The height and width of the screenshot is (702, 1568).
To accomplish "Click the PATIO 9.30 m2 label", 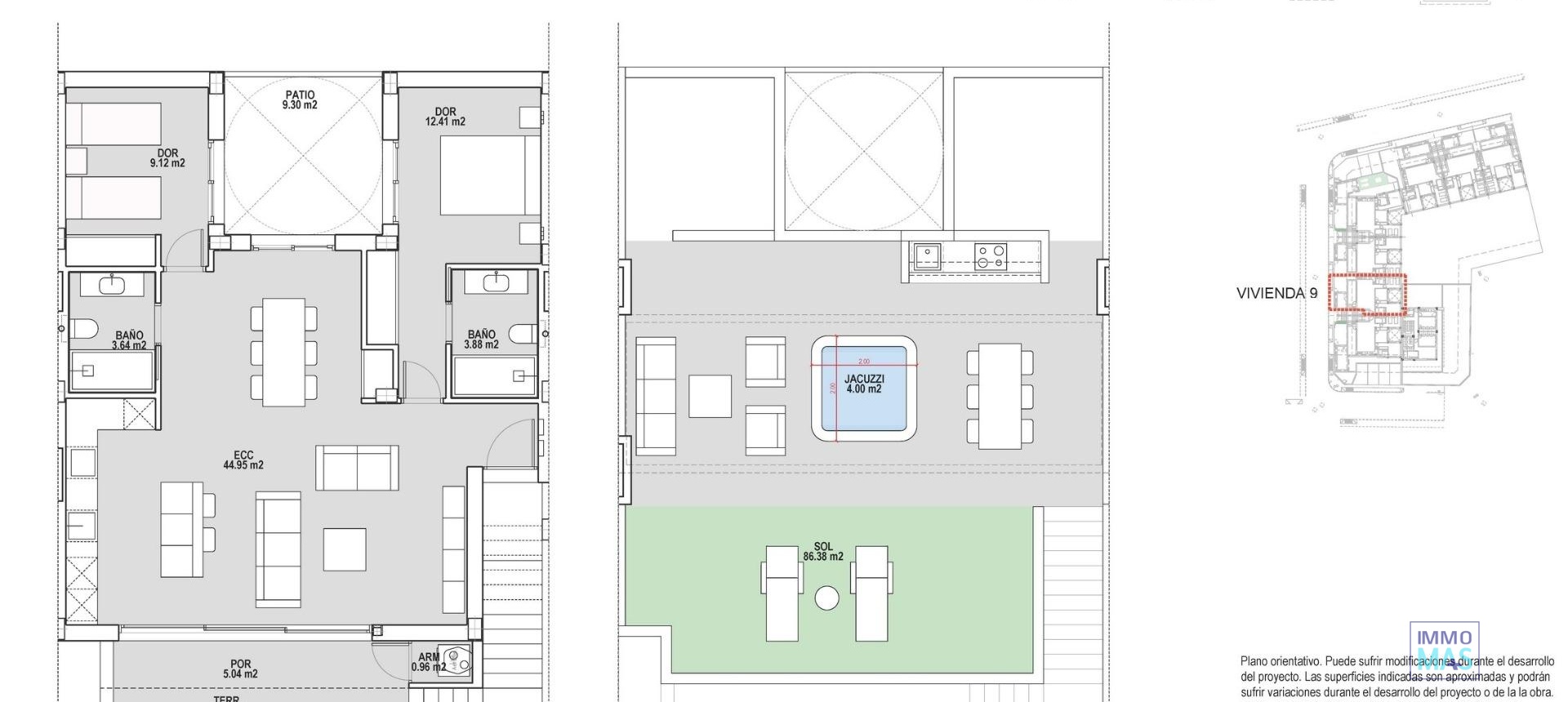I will [300, 100].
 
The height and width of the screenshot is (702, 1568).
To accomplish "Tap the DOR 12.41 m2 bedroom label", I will [445, 117].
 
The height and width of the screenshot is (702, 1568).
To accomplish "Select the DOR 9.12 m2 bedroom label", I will [167, 158].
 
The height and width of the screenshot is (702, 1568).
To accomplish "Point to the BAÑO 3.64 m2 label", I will [129, 340].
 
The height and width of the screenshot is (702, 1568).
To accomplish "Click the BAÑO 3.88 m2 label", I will [481, 340].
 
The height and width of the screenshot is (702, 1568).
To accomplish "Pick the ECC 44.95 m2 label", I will [243, 460].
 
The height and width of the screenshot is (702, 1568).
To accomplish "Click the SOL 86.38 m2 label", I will [823, 552].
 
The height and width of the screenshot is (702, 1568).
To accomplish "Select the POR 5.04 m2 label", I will [240, 669].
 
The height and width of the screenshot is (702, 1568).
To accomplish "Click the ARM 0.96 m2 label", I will [429, 662].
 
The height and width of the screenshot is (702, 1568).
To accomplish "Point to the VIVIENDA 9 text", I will [1276, 294].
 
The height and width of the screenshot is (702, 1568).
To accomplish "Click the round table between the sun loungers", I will [826, 598].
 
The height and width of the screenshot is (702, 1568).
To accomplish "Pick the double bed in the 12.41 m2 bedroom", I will [482, 175].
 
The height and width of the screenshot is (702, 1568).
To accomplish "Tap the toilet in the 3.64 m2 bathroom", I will [84, 331].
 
